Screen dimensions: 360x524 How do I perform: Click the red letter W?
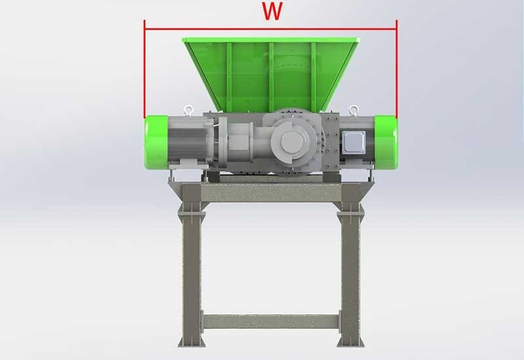271,12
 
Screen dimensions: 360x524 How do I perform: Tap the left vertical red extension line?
145,72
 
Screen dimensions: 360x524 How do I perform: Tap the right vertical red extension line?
396,72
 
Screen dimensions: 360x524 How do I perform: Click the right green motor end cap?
386,141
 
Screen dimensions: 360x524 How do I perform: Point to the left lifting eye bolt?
189,110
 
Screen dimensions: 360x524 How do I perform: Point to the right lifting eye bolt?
354,109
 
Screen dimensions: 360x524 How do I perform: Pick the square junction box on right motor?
354,140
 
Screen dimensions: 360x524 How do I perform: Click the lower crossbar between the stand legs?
271,321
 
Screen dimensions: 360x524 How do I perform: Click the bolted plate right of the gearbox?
331,141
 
